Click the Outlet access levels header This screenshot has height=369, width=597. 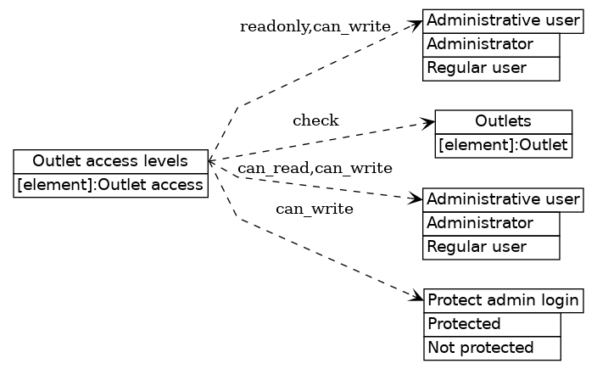point(110,161)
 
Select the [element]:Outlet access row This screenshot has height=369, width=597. point(110,185)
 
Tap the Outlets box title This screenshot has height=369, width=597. point(503,121)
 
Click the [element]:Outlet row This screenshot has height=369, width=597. point(503,145)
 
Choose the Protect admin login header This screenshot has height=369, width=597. point(503,300)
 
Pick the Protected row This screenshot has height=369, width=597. point(492,324)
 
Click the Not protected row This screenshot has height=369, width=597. point(492,347)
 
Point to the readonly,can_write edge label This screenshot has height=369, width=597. point(315,27)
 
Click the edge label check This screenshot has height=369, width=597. point(315,120)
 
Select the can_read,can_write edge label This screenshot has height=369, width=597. point(315,168)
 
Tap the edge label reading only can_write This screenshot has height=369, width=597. point(315,208)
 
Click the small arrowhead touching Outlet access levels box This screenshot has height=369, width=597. point(212,159)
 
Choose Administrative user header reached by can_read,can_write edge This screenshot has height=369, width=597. point(503,200)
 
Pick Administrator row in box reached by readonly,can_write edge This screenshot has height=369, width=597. point(491,44)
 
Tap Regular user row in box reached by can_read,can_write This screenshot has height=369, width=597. point(491,247)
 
